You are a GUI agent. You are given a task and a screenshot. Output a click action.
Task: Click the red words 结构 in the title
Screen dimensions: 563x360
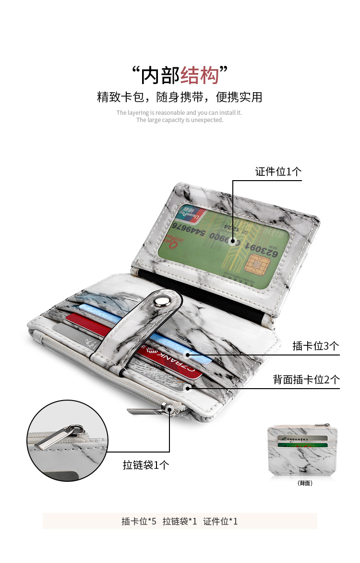(x=200, y=75)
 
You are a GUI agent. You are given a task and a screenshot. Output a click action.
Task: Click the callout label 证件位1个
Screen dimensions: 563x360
(x=278, y=171)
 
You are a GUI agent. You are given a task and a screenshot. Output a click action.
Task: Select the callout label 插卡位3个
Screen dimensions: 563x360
(x=316, y=346)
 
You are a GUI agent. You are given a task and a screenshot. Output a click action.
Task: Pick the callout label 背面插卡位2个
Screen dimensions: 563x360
(x=306, y=379)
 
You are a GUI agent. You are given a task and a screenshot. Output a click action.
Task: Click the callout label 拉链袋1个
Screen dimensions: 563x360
(x=146, y=465)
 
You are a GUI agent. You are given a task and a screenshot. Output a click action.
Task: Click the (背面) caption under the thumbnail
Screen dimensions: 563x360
(x=305, y=483)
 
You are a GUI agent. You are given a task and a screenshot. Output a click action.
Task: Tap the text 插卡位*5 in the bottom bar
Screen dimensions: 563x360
(x=139, y=521)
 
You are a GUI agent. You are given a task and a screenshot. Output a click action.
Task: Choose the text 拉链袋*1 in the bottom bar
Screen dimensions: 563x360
(x=180, y=521)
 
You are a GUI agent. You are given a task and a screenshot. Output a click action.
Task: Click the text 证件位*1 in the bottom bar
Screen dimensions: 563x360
(x=220, y=521)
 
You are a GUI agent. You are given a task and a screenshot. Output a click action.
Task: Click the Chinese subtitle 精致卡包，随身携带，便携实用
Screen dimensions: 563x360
(x=180, y=98)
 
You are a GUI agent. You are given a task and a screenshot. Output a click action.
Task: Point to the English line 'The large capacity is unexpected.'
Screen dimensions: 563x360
(x=180, y=120)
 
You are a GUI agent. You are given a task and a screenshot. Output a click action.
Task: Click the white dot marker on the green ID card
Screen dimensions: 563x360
(x=233, y=242)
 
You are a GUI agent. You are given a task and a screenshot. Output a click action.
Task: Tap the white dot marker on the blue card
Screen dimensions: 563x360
(x=188, y=355)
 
